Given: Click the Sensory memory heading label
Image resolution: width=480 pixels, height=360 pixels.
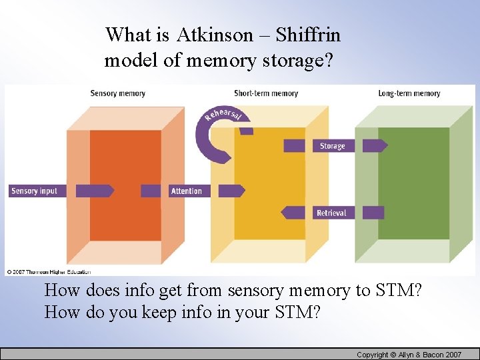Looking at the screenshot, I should pyautogui.click(x=117, y=93).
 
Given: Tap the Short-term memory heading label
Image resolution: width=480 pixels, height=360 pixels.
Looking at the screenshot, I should pyautogui.click(x=266, y=93).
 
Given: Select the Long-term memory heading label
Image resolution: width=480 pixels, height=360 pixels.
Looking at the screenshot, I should pyautogui.click(x=409, y=93).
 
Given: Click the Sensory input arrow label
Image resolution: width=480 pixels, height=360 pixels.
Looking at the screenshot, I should pyautogui.click(x=35, y=191).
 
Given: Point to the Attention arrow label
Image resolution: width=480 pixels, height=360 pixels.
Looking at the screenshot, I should pyautogui.click(x=187, y=191).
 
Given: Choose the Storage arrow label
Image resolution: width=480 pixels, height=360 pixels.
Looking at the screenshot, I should pyautogui.click(x=332, y=146).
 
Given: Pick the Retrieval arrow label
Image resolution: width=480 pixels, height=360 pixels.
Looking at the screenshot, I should pyautogui.click(x=331, y=213).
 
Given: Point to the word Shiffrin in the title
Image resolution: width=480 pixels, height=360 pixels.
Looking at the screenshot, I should pyautogui.click(x=308, y=35).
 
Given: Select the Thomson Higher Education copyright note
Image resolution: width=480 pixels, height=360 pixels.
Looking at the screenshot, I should pyautogui.click(x=48, y=272).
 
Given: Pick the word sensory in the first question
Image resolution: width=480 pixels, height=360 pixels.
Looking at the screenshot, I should pyautogui.click(x=253, y=291).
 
